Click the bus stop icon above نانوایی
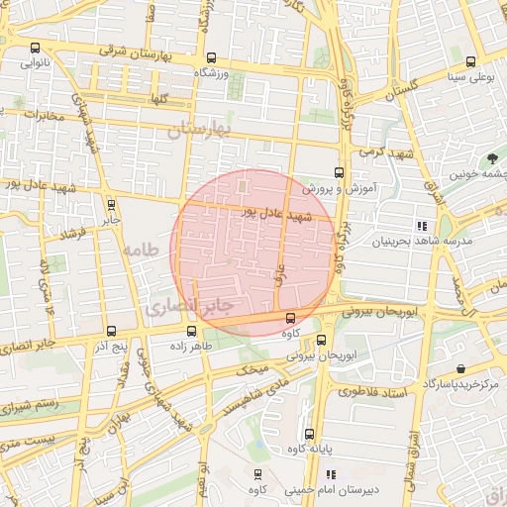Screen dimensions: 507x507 (37, 48)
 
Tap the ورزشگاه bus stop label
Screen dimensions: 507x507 (210, 72)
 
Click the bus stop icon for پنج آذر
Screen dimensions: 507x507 (109, 331)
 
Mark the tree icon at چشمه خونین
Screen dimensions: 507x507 (492, 157)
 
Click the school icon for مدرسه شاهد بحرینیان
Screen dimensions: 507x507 (421, 226)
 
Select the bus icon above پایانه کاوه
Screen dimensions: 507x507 (309, 434)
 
